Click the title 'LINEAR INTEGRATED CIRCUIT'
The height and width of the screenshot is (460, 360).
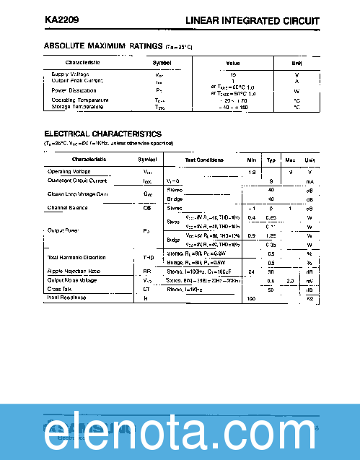pyautogui.click(x=253, y=21)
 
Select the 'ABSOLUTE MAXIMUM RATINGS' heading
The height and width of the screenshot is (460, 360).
pyautogui.click(x=103, y=46)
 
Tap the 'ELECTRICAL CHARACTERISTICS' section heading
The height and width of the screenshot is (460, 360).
pyautogui.click(x=103, y=134)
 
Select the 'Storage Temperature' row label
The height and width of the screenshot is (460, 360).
pyautogui.click(x=77, y=107)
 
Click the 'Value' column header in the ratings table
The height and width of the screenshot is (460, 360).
pyautogui.click(x=233, y=63)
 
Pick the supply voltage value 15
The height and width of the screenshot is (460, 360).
pyautogui.click(x=233, y=74)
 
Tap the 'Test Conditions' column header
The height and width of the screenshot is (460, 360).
pyautogui.click(x=204, y=160)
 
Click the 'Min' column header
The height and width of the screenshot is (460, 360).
pyautogui.click(x=252, y=160)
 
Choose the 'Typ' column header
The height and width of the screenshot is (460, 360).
pyautogui.click(x=271, y=160)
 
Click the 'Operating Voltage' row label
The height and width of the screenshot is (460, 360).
pyautogui.click(x=69, y=172)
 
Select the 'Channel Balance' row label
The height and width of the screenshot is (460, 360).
pyautogui.click(x=67, y=208)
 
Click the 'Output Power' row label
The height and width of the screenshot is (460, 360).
pyautogui.click(x=63, y=230)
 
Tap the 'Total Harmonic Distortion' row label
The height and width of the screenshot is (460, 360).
pyautogui.click(x=76, y=258)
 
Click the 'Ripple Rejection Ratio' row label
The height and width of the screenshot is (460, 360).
pyautogui.click(x=74, y=271)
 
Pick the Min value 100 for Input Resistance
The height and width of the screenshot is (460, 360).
pyautogui.click(x=252, y=298)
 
